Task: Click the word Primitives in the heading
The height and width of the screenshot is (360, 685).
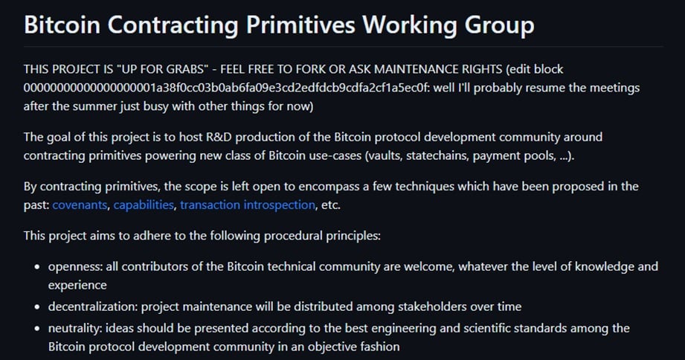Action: point(300,25)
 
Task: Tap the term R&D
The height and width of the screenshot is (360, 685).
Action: point(219,137)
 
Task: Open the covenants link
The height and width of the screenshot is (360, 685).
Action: point(80,205)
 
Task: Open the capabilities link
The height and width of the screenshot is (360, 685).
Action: point(144,205)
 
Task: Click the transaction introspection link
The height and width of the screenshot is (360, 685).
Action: point(248,205)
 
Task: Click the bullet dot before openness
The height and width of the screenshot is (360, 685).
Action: point(37,267)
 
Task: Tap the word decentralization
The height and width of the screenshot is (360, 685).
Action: point(91,306)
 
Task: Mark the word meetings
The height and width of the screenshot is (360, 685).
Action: point(614,88)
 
